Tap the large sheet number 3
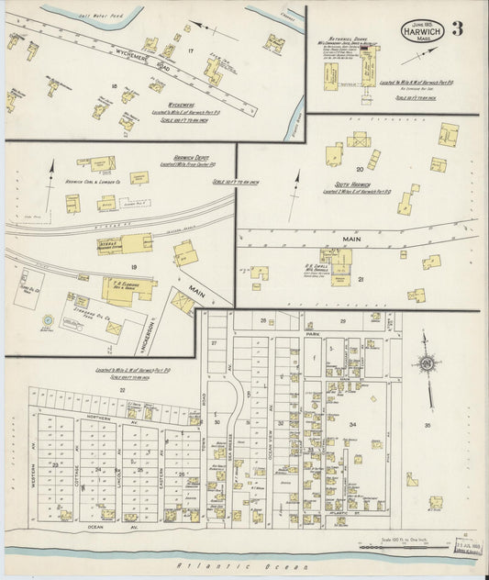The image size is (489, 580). click(x=457, y=28)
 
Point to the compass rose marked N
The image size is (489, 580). click(x=426, y=363)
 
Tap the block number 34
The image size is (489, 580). click(x=352, y=424)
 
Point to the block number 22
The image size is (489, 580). click(x=122, y=390)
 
